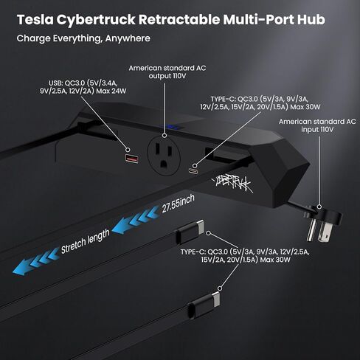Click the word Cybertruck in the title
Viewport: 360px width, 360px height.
click(96, 20)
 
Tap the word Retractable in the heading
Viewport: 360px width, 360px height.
click(179, 19)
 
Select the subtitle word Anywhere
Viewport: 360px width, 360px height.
click(128, 38)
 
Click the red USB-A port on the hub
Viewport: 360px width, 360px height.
click(132, 159)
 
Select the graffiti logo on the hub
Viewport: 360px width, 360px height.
click(232, 184)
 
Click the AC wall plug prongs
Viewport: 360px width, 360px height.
click(317, 230)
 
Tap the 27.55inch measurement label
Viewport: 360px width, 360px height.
click(178, 204)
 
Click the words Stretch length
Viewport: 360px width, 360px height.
click(85, 241)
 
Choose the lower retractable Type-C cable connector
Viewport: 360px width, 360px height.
click(204, 305)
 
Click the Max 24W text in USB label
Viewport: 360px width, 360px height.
click(111, 91)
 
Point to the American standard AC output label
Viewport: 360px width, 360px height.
click(167, 72)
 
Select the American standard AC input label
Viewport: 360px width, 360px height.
click(317, 125)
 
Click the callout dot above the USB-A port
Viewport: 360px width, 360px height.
click(128, 150)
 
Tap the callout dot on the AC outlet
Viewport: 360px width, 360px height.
click(165, 135)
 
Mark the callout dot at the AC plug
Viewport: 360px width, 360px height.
click(319, 207)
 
